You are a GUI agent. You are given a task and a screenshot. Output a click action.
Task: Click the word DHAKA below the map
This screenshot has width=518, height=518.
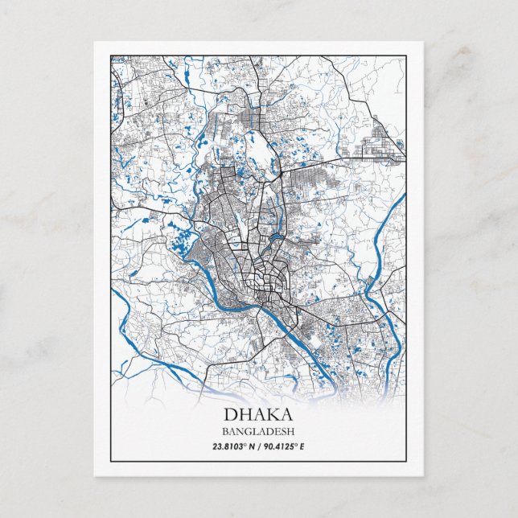[258, 416]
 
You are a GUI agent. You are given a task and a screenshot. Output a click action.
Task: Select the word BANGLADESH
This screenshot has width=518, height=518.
[258, 432]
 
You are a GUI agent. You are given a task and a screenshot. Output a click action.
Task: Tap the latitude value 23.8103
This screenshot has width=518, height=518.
[230, 446]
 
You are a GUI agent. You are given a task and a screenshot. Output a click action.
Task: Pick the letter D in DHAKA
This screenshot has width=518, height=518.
[230, 416]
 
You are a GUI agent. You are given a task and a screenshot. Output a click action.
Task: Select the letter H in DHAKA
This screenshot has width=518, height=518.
[245, 416]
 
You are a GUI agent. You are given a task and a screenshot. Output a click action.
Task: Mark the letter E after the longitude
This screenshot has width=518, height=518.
[303, 446]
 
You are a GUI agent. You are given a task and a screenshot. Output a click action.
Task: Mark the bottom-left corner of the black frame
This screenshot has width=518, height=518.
[110, 461]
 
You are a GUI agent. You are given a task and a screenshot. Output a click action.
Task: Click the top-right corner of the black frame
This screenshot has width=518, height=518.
[406, 55]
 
